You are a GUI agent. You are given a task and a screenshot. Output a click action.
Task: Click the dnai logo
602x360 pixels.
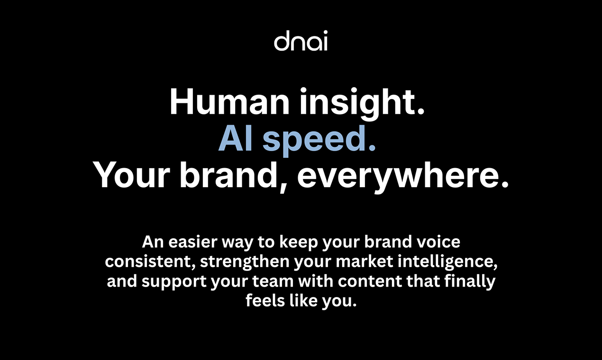point(301,41)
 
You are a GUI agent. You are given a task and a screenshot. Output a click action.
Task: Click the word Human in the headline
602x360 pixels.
point(229,102)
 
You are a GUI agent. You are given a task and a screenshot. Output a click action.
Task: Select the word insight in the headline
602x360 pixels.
point(362,103)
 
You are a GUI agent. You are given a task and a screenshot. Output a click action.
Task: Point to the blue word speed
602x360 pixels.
point(319,141)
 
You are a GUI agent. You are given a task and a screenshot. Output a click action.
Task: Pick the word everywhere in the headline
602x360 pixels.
point(402,177)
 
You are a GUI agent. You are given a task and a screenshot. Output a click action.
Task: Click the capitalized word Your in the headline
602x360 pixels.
point(131,175)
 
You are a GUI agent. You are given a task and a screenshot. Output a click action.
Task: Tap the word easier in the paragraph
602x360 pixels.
point(193,242)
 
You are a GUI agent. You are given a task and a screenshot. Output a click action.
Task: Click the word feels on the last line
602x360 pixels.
point(265,300)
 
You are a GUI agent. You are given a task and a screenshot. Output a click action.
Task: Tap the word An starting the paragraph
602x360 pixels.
point(153,242)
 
